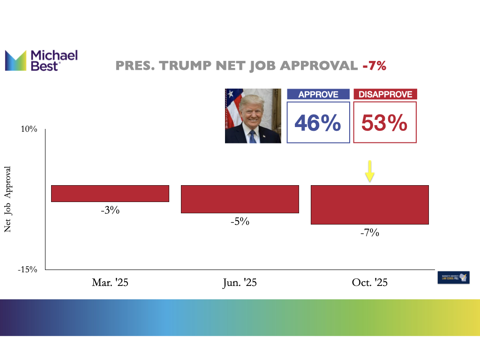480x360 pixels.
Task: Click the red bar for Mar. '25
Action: [x=110, y=194]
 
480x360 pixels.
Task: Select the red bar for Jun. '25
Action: [x=240, y=199]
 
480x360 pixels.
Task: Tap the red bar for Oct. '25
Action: [x=370, y=205]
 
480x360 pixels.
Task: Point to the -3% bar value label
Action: [x=110, y=210]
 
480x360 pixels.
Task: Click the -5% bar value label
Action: [x=240, y=222]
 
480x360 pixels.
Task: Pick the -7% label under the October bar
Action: [x=370, y=232]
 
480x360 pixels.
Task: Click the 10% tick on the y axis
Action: [x=29, y=129]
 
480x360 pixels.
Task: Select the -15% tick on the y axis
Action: [x=27, y=270]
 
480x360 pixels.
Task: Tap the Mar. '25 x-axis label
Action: [x=110, y=283]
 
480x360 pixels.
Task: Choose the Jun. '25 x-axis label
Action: [x=240, y=283]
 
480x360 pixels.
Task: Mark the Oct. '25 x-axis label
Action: [x=370, y=283]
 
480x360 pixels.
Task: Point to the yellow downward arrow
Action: [x=370, y=171]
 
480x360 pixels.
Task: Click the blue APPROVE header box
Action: [x=318, y=94]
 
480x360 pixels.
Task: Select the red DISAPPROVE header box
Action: [x=385, y=94]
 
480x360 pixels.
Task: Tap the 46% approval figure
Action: [x=318, y=123]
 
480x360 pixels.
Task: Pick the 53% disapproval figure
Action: [x=385, y=123]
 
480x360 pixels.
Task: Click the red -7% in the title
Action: [x=374, y=66]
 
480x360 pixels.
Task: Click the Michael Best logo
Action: [x=41, y=60]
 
